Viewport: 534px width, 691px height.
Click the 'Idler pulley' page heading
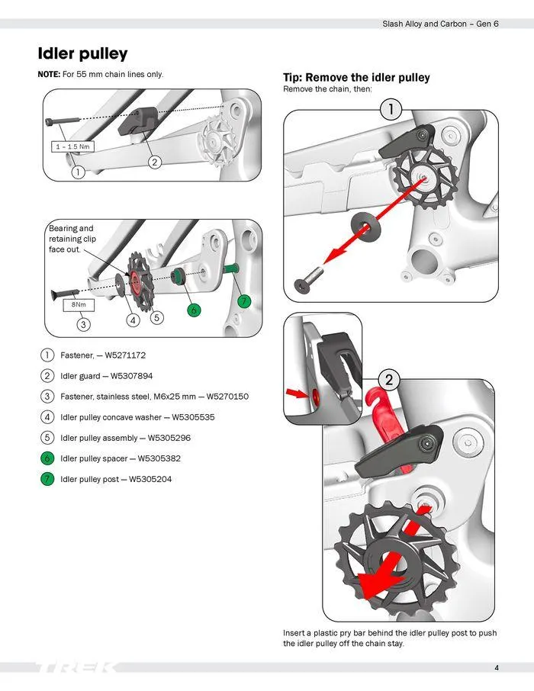(x=82, y=53)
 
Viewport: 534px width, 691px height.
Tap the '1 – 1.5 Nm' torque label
(x=72, y=146)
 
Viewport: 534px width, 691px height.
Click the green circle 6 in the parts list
(x=47, y=458)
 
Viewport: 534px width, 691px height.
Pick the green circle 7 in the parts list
(x=47, y=479)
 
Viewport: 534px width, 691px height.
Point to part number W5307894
(x=132, y=376)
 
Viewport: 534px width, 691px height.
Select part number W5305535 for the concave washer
(x=193, y=417)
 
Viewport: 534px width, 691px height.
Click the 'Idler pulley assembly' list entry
(x=98, y=438)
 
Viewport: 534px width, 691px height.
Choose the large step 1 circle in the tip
(x=391, y=109)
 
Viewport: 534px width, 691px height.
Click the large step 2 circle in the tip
(x=390, y=379)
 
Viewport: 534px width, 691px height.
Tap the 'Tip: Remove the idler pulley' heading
(x=356, y=78)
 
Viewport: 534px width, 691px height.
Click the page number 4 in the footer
(x=496, y=668)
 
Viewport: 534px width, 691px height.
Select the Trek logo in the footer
(x=76, y=668)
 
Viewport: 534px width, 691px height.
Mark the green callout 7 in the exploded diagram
(x=243, y=301)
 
